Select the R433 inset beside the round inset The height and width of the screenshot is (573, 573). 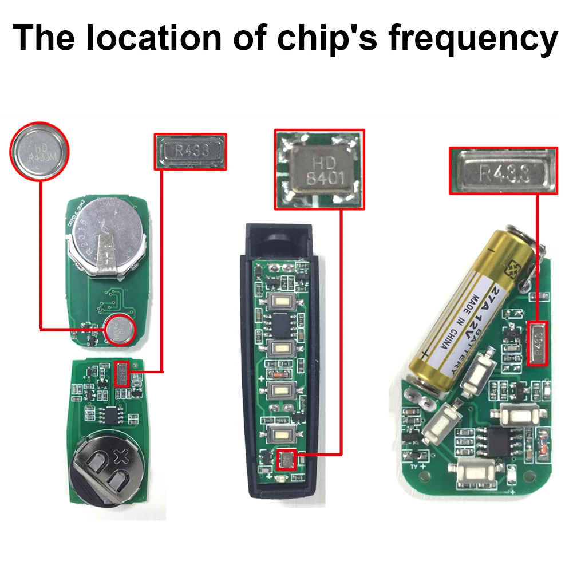pyautogui.click(x=191, y=152)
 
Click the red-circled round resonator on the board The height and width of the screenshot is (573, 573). pyautogui.click(x=120, y=330)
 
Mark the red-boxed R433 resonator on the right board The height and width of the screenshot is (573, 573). pyautogui.click(x=539, y=343)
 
